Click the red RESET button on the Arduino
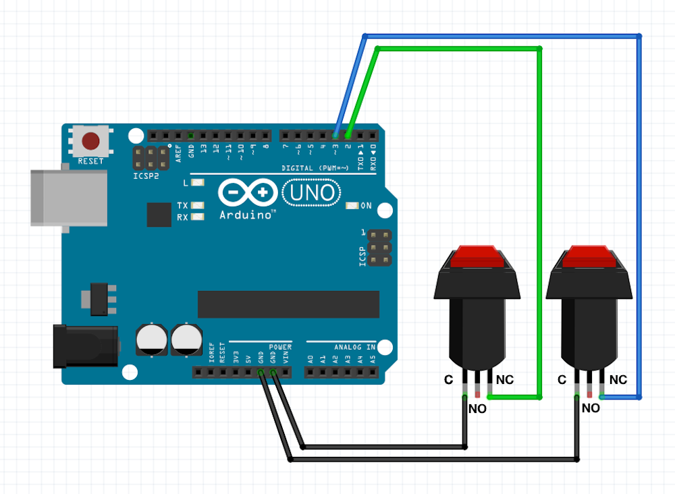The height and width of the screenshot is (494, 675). point(90,141)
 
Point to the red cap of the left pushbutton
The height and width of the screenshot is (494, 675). point(477,256)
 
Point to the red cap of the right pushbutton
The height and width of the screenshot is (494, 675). point(589,256)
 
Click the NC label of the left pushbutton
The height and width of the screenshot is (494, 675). point(505,380)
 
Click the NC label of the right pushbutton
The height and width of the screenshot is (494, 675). point(618,380)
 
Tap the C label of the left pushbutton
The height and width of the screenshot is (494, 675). point(448,380)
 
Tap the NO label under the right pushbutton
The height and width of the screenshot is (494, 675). point(591,408)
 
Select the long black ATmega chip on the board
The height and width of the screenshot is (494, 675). point(288,304)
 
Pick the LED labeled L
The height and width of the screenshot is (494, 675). point(198,183)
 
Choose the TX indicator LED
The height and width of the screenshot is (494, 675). point(198,205)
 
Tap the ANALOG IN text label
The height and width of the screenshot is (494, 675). point(352,347)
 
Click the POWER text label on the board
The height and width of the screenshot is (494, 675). point(280,347)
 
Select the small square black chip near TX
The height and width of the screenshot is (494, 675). point(159,215)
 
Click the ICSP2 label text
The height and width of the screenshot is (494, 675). point(146,175)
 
